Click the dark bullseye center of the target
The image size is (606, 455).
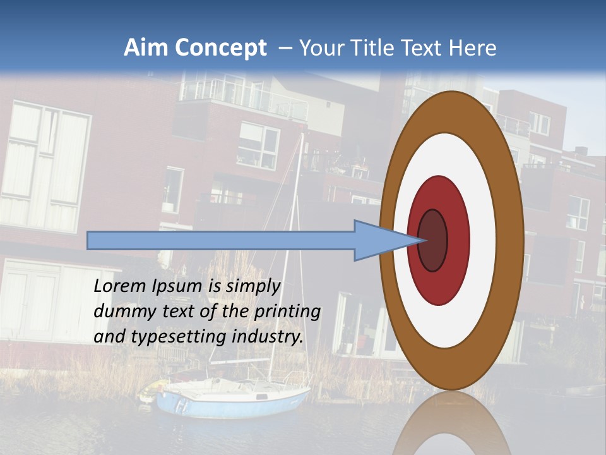point(433,241)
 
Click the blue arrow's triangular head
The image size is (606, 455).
point(379,241)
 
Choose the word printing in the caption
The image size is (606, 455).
point(287,312)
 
